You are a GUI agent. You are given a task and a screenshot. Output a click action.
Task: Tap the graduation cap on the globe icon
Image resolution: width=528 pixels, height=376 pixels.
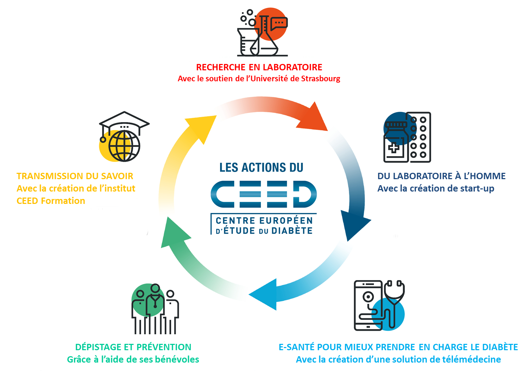coord(124,122)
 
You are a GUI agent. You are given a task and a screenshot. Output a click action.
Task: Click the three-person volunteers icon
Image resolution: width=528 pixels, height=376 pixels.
coord(155,309)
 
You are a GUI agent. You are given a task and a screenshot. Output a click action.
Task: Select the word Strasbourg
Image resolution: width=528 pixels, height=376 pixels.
coord(321,78)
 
